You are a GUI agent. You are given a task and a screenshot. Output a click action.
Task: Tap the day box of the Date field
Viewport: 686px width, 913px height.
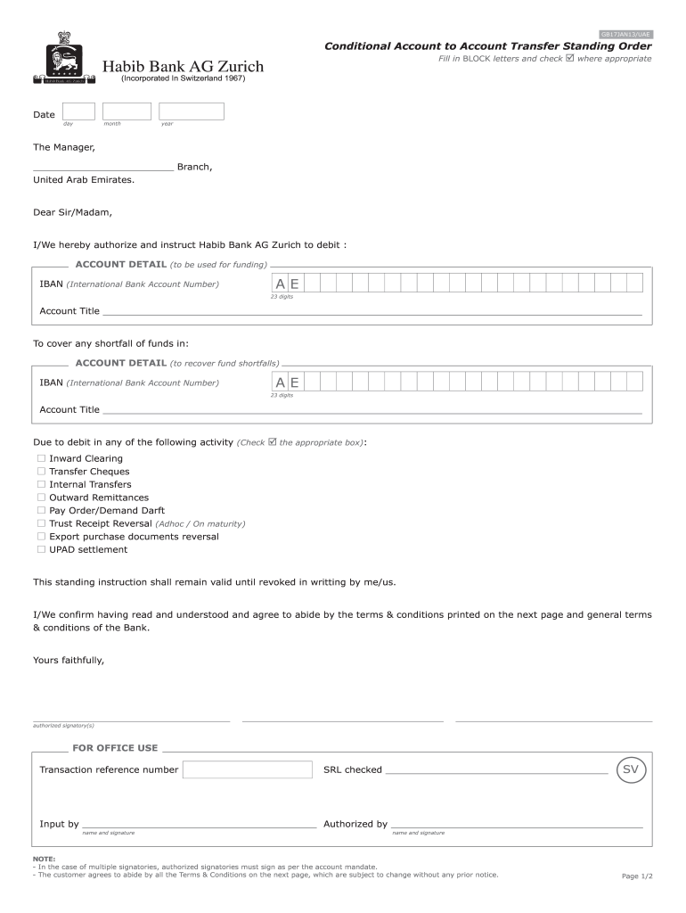point(78,111)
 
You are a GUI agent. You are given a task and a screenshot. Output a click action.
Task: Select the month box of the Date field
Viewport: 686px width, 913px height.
point(127,111)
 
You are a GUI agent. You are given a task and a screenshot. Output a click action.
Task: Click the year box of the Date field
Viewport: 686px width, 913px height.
point(192,111)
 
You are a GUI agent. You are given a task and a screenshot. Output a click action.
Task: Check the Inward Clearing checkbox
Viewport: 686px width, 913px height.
point(41,458)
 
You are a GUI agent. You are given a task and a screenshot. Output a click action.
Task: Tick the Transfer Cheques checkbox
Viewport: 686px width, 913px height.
point(41,472)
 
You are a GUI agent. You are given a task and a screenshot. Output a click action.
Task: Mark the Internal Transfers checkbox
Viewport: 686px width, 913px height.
point(41,484)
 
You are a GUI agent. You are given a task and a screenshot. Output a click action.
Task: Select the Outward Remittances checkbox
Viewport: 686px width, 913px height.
point(41,498)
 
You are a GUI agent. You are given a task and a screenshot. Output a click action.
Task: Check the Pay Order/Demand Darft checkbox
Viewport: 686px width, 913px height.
point(41,511)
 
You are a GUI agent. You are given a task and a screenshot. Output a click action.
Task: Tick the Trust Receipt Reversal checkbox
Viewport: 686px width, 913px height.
point(41,523)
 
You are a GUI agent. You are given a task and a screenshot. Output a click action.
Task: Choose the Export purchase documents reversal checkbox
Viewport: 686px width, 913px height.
point(41,537)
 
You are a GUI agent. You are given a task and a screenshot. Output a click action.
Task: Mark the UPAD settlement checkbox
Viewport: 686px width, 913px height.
point(41,550)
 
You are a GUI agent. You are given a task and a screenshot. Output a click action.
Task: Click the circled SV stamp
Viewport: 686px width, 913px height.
point(631,769)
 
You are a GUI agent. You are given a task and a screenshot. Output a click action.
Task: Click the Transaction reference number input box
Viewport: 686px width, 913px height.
point(247,769)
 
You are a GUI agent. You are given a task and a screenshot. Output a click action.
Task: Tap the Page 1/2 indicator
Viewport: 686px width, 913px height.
point(637,876)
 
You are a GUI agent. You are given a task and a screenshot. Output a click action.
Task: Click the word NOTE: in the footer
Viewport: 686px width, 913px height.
point(45,859)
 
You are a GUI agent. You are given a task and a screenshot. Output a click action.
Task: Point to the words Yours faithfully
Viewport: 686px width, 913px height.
point(69,661)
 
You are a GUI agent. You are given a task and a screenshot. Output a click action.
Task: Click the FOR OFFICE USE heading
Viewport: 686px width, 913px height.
point(115,748)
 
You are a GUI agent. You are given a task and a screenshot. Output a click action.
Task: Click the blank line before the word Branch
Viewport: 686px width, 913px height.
point(102,166)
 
